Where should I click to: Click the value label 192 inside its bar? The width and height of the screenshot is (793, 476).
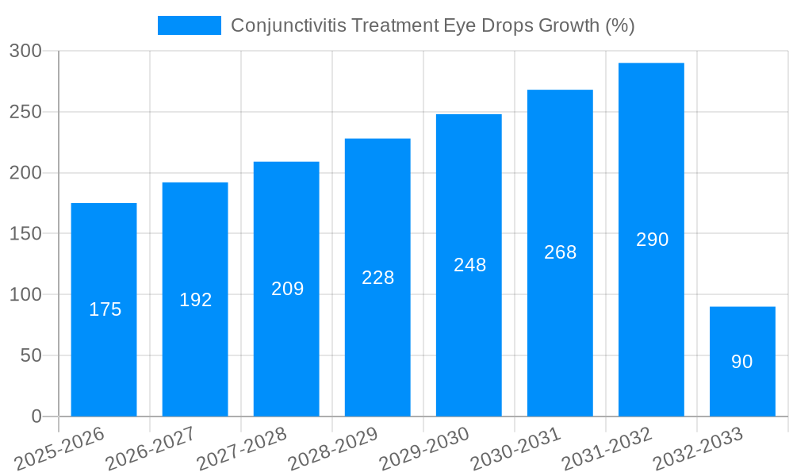coord(195,300)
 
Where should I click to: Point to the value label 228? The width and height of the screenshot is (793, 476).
coord(377,278)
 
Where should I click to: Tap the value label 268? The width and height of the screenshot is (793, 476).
coord(560,252)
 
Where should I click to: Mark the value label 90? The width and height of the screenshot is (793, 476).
coord(742,362)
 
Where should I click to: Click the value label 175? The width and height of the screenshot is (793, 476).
coord(105,309)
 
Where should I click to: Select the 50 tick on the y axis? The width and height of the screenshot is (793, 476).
coord(31,355)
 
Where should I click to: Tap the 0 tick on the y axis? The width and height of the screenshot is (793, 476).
coord(36,416)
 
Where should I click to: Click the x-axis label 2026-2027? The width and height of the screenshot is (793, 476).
coord(151,448)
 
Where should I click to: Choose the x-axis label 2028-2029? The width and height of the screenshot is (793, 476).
coord(333,448)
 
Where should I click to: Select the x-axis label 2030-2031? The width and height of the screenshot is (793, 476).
coord(515,448)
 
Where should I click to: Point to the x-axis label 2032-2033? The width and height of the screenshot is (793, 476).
coord(698,448)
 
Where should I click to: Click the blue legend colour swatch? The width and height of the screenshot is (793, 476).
coord(190,25)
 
